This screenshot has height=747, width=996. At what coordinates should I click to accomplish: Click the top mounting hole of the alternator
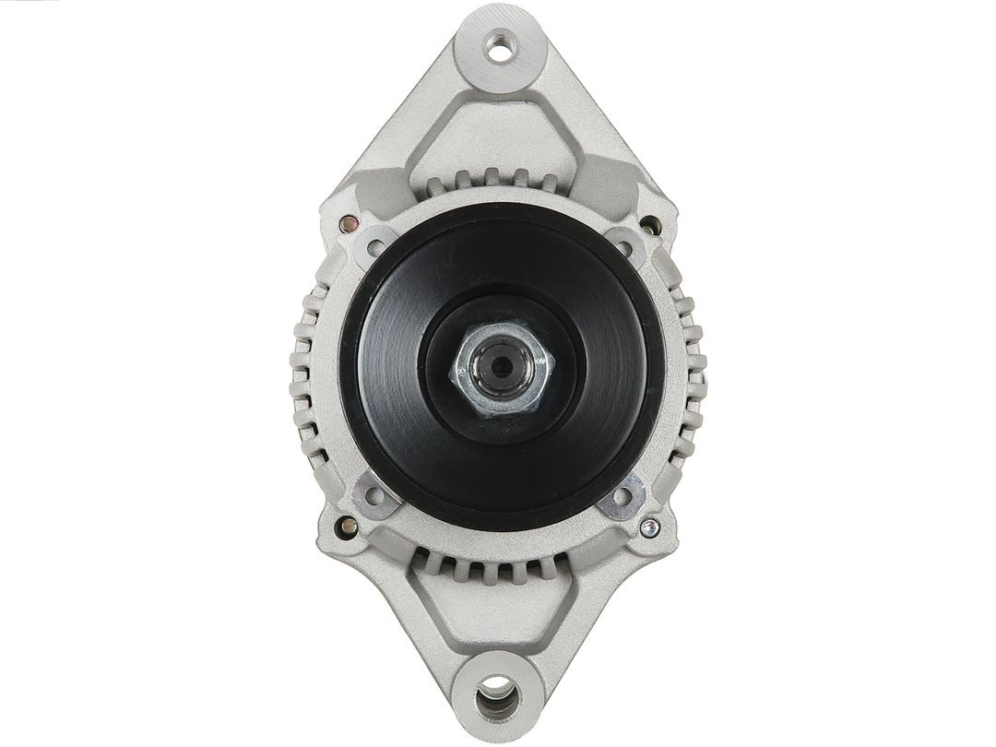click(x=499, y=49)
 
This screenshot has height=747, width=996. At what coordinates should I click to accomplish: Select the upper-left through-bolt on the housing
click(x=349, y=221)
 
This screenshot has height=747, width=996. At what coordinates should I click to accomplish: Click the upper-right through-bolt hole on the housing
click(x=651, y=222)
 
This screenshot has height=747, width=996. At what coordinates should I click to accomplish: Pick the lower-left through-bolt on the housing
click(x=348, y=527)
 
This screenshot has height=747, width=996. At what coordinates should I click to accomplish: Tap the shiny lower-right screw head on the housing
click(x=651, y=527)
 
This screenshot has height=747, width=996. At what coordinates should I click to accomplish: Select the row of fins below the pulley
click(x=499, y=564)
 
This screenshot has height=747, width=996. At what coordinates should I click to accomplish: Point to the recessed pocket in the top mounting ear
click(x=499, y=129)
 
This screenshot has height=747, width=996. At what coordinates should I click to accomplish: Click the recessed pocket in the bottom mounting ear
click(x=499, y=613)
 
